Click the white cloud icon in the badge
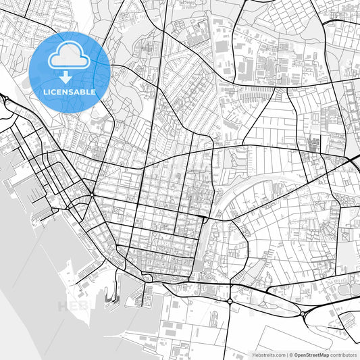pyautogui.click(x=70, y=59)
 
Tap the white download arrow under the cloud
pyautogui.click(x=70, y=77)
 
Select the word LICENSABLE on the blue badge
pyautogui.click(x=70, y=92)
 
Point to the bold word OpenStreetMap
pyautogui.click(x=311, y=354)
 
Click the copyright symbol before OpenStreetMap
pyautogui.click(x=291, y=354)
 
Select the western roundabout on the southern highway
pyautogui.click(x=230, y=300)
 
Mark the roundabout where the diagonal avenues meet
pyautogui.click(x=91, y=194)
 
